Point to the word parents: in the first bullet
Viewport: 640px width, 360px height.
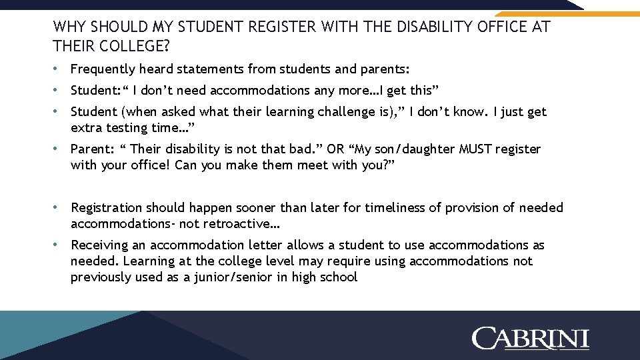click(x=385, y=69)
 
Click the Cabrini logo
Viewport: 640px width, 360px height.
click(x=531, y=338)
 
